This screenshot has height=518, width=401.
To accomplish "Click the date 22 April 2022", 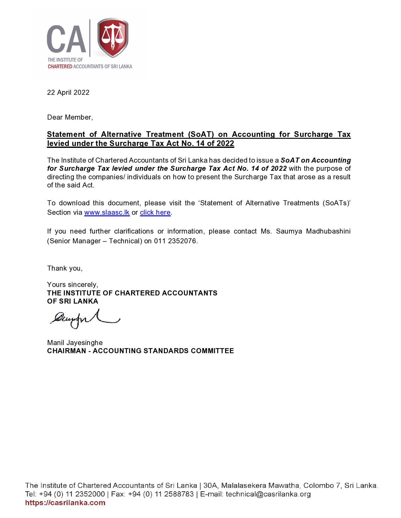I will click(x=68, y=93).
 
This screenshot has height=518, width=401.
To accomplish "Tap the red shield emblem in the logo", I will click(x=113, y=38).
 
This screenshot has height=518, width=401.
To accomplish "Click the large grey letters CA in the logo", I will click(x=66, y=40).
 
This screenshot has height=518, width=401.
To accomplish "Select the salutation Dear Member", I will click(x=70, y=117).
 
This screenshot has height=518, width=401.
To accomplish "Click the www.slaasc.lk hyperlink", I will click(x=107, y=213).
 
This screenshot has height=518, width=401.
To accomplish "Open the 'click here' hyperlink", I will click(x=155, y=213).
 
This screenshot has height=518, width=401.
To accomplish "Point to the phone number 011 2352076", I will click(x=175, y=241).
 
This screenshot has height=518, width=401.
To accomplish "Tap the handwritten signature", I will click(x=84, y=318).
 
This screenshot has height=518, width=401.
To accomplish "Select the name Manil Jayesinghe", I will click(x=75, y=343).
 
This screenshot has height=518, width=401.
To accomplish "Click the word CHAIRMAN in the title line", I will click(x=66, y=351).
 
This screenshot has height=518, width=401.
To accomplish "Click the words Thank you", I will click(x=64, y=268).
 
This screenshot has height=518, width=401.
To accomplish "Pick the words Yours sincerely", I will click(x=72, y=285).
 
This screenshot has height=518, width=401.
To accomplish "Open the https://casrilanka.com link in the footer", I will click(x=65, y=503).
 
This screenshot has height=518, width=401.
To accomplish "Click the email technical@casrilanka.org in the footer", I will click(x=268, y=494).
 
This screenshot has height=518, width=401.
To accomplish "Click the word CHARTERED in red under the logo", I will click(x=60, y=67).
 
